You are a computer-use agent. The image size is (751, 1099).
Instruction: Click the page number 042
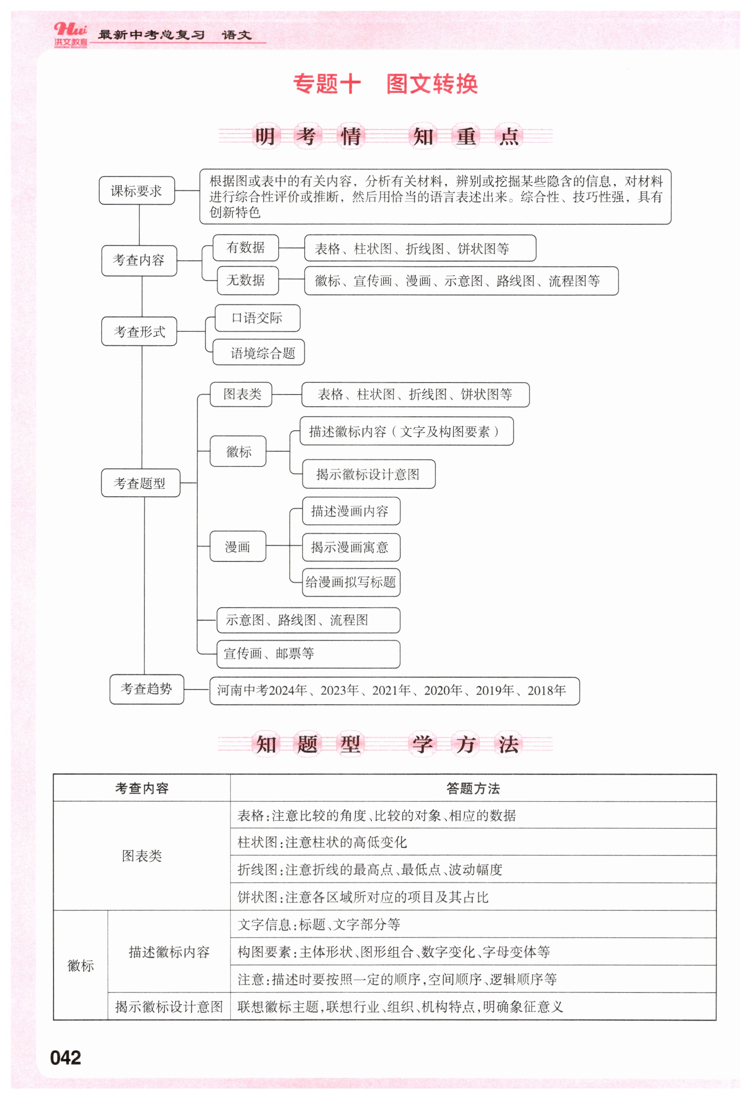coord(65,1057)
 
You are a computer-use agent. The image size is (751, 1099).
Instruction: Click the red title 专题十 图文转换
coord(385,84)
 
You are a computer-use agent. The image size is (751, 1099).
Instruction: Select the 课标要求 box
coord(137,190)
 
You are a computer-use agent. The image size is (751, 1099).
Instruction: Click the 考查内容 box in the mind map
coord(139,260)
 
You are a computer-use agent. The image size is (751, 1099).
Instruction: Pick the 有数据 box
coord(245,247)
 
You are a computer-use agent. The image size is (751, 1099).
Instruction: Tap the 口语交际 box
coord(257,318)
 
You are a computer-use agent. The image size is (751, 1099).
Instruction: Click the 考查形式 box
coord(139,331)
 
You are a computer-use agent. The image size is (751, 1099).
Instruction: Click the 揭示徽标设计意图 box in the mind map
coord(368,474)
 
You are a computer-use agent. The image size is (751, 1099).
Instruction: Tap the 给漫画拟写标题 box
coord(351,582)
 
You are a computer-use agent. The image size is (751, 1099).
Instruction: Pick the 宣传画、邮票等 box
coord(307,653)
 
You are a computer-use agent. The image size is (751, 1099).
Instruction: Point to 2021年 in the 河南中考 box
coord(391,690)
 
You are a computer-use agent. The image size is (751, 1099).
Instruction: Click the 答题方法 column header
coord(473,788)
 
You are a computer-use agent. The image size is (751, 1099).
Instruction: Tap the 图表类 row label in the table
coord(142,856)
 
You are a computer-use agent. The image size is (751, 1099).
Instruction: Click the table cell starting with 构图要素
coord(473,951)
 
